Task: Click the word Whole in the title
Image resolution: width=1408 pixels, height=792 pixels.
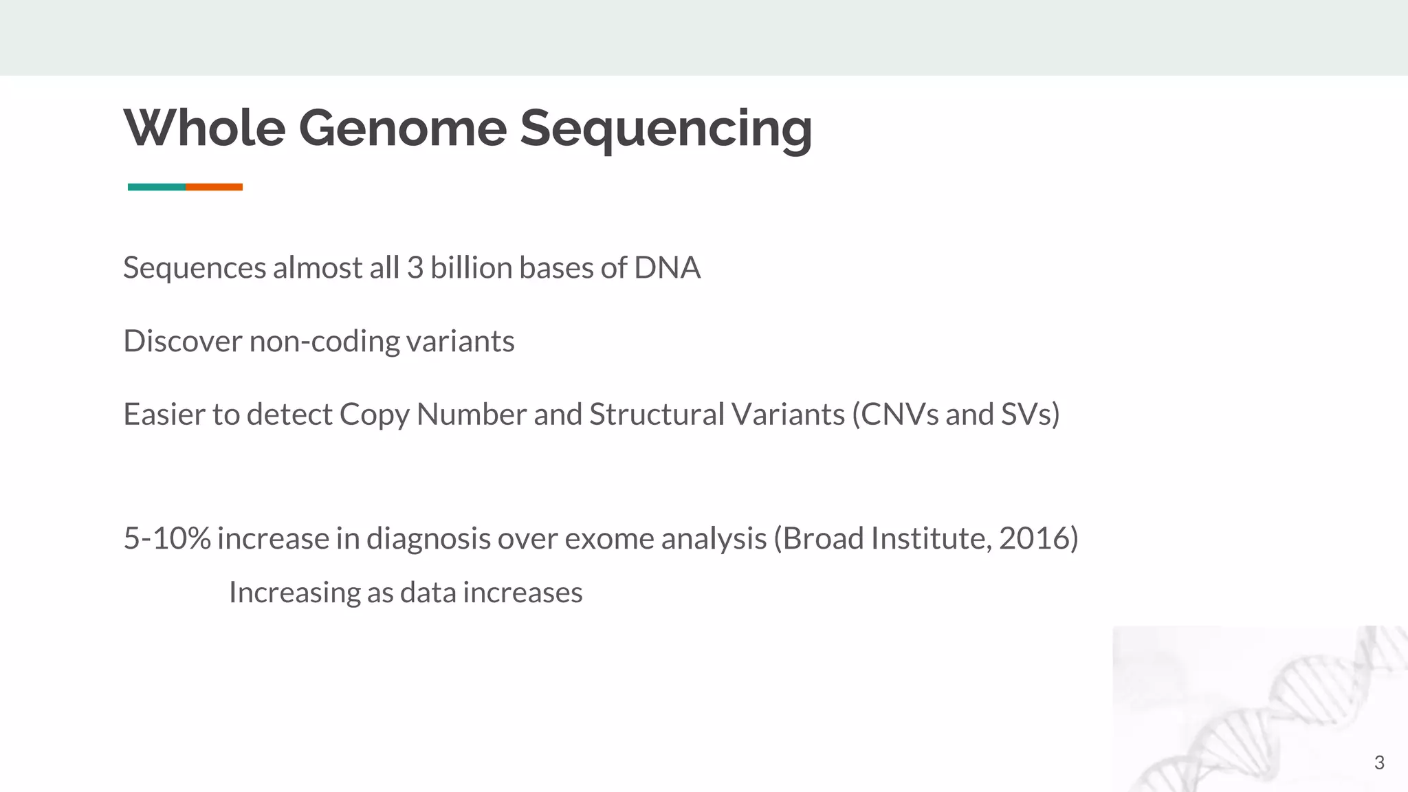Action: [204, 128]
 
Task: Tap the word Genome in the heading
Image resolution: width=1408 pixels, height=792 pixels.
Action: [402, 128]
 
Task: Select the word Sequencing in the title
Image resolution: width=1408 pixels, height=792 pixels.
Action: [665, 128]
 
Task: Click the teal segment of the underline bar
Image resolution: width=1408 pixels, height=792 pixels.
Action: [157, 187]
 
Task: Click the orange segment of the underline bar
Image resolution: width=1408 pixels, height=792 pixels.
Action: [214, 187]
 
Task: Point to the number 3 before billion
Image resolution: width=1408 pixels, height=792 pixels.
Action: [415, 267]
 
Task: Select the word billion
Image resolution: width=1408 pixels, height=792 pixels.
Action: [471, 267]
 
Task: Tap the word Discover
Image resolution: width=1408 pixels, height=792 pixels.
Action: [183, 341]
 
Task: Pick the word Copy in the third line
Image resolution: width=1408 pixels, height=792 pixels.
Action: [374, 415]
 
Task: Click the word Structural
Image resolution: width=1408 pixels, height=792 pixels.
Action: [657, 415]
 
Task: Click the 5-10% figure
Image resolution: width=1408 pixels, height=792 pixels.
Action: [166, 538]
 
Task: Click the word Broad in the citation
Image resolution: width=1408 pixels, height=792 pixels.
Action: [823, 538]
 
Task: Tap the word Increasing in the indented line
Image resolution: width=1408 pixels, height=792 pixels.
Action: [294, 593]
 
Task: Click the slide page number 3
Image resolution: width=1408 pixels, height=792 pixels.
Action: [1378, 762]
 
